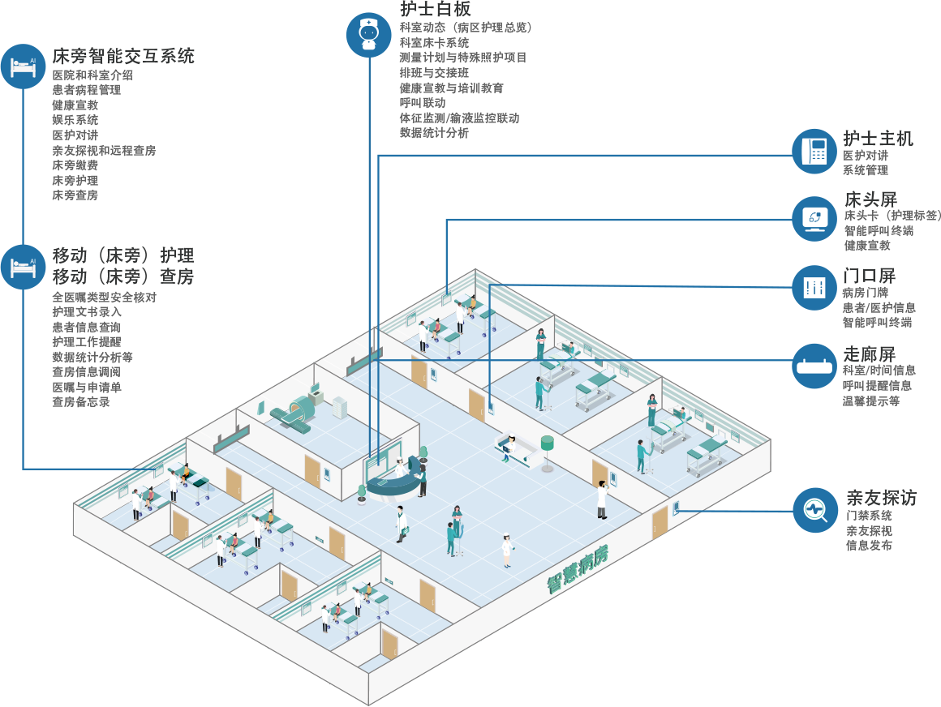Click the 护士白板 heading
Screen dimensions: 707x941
coord(436,9)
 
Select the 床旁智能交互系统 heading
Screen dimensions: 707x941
coord(123,57)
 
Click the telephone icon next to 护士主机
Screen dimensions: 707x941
coord(814,151)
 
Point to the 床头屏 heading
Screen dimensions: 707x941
coord(870,199)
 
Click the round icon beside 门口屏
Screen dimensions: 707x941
coord(814,287)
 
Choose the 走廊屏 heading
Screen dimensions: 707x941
coord(869,354)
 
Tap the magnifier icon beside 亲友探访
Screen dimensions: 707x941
coord(814,510)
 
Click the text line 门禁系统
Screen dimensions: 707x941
coord(869,516)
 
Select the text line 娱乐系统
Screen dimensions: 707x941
coord(75,120)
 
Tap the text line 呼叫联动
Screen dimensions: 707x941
coord(423,103)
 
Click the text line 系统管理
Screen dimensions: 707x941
coord(865,170)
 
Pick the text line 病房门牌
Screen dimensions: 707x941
coord(865,293)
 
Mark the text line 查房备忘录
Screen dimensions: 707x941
coord(81,402)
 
